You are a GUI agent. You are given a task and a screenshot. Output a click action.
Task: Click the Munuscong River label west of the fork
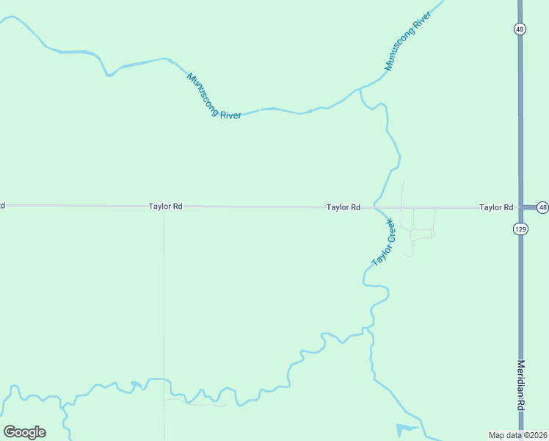pyautogui.click(x=214, y=96)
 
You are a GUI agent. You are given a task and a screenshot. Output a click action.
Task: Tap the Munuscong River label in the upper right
pyautogui.click(x=407, y=45)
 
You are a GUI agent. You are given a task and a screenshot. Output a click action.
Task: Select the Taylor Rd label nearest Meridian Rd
pyautogui.click(x=496, y=207)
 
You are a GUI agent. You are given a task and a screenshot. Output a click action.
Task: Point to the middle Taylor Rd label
pyautogui.click(x=343, y=207)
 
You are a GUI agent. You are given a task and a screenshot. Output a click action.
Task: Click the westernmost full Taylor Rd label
pyautogui.click(x=165, y=207)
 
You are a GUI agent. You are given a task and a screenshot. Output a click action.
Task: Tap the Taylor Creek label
pyautogui.click(x=384, y=243)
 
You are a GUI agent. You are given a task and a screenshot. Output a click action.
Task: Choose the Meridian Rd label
pyautogui.click(x=521, y=395)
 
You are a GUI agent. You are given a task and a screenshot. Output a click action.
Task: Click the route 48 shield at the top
pyautogui.click(x=520, y=29)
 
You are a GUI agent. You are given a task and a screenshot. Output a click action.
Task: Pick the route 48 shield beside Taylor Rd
pyautogui.click(x=542, y=207)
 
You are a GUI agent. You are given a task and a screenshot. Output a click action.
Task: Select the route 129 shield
pyautogui.click(x=520, y=229)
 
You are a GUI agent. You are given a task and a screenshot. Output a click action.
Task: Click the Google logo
pyautogui.click(x=24, y=432)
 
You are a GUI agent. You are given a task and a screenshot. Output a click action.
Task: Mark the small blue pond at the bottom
pyautogui.click(x=406, y=429)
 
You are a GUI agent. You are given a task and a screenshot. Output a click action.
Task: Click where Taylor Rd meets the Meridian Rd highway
pyautogui.click(x=520, y=207)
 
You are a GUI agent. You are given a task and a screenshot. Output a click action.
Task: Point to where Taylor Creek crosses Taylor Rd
pyautogui.click(x=376, y=207)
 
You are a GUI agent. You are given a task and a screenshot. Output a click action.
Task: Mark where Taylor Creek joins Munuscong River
pyautogui.click(x=360, y=90)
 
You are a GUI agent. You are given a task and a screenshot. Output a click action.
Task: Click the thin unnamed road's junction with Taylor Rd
pyautogui.click(x=164, y=207)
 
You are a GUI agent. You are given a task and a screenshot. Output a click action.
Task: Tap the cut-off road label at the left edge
pyautogui.click(x=2, y=205)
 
